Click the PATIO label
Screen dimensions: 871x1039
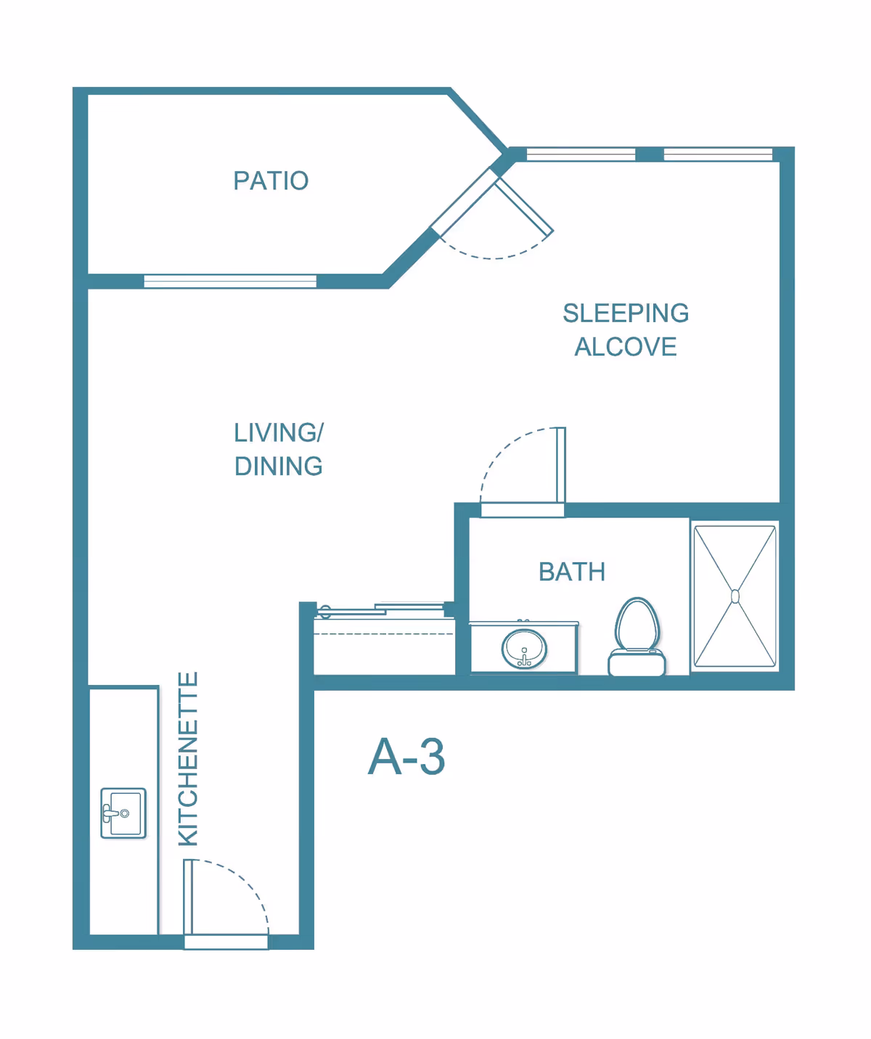pos(271,181)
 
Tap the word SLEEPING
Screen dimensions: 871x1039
pos(626,313)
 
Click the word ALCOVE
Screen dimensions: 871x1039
pos(626,347)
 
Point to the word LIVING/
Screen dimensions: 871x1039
pos(279,432)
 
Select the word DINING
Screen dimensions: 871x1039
pos(279,467)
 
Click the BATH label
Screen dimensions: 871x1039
pos(572,572)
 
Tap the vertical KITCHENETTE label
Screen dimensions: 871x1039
pos(188,758)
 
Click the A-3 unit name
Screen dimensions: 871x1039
pos(406,757)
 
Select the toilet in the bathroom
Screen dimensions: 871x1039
pos(637,636)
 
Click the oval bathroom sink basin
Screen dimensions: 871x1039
pos(524,649)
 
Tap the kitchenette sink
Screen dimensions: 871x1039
pos(123,813)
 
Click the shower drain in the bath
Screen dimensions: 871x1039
pos(735,596)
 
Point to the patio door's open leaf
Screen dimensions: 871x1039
pos(523,207)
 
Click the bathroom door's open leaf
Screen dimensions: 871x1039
pos(561,465)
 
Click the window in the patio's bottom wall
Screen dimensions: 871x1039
pos(230,281)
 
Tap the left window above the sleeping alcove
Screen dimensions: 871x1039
pos(581,155)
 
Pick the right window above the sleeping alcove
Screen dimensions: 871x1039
pos(718,155)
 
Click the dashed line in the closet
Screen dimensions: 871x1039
pos(384,634)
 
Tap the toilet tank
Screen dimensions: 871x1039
pos(637,663)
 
